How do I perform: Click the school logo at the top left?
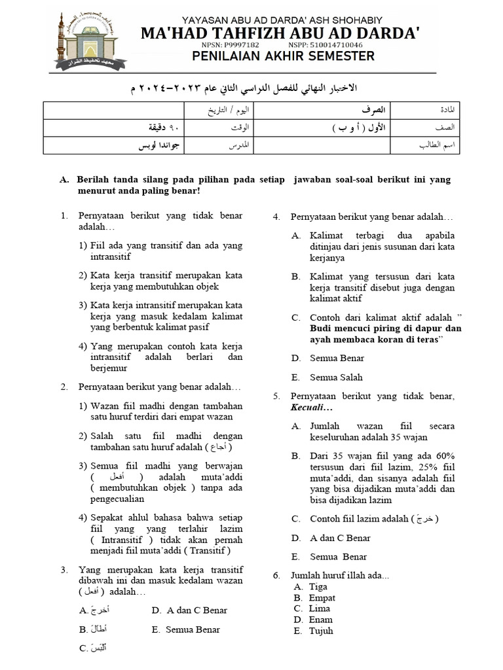[84, 39]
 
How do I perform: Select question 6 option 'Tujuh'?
[321, 631]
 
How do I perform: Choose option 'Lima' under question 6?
[320, 608]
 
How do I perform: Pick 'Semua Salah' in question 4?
[336, 378]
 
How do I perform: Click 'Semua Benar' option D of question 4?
[337, 358]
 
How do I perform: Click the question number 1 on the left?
[64, 215]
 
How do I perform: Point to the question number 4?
[277, 215]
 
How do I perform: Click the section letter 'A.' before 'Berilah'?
[64, 179]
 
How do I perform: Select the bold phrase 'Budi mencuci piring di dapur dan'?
[386, 328]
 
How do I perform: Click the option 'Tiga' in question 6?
[318, 587]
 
